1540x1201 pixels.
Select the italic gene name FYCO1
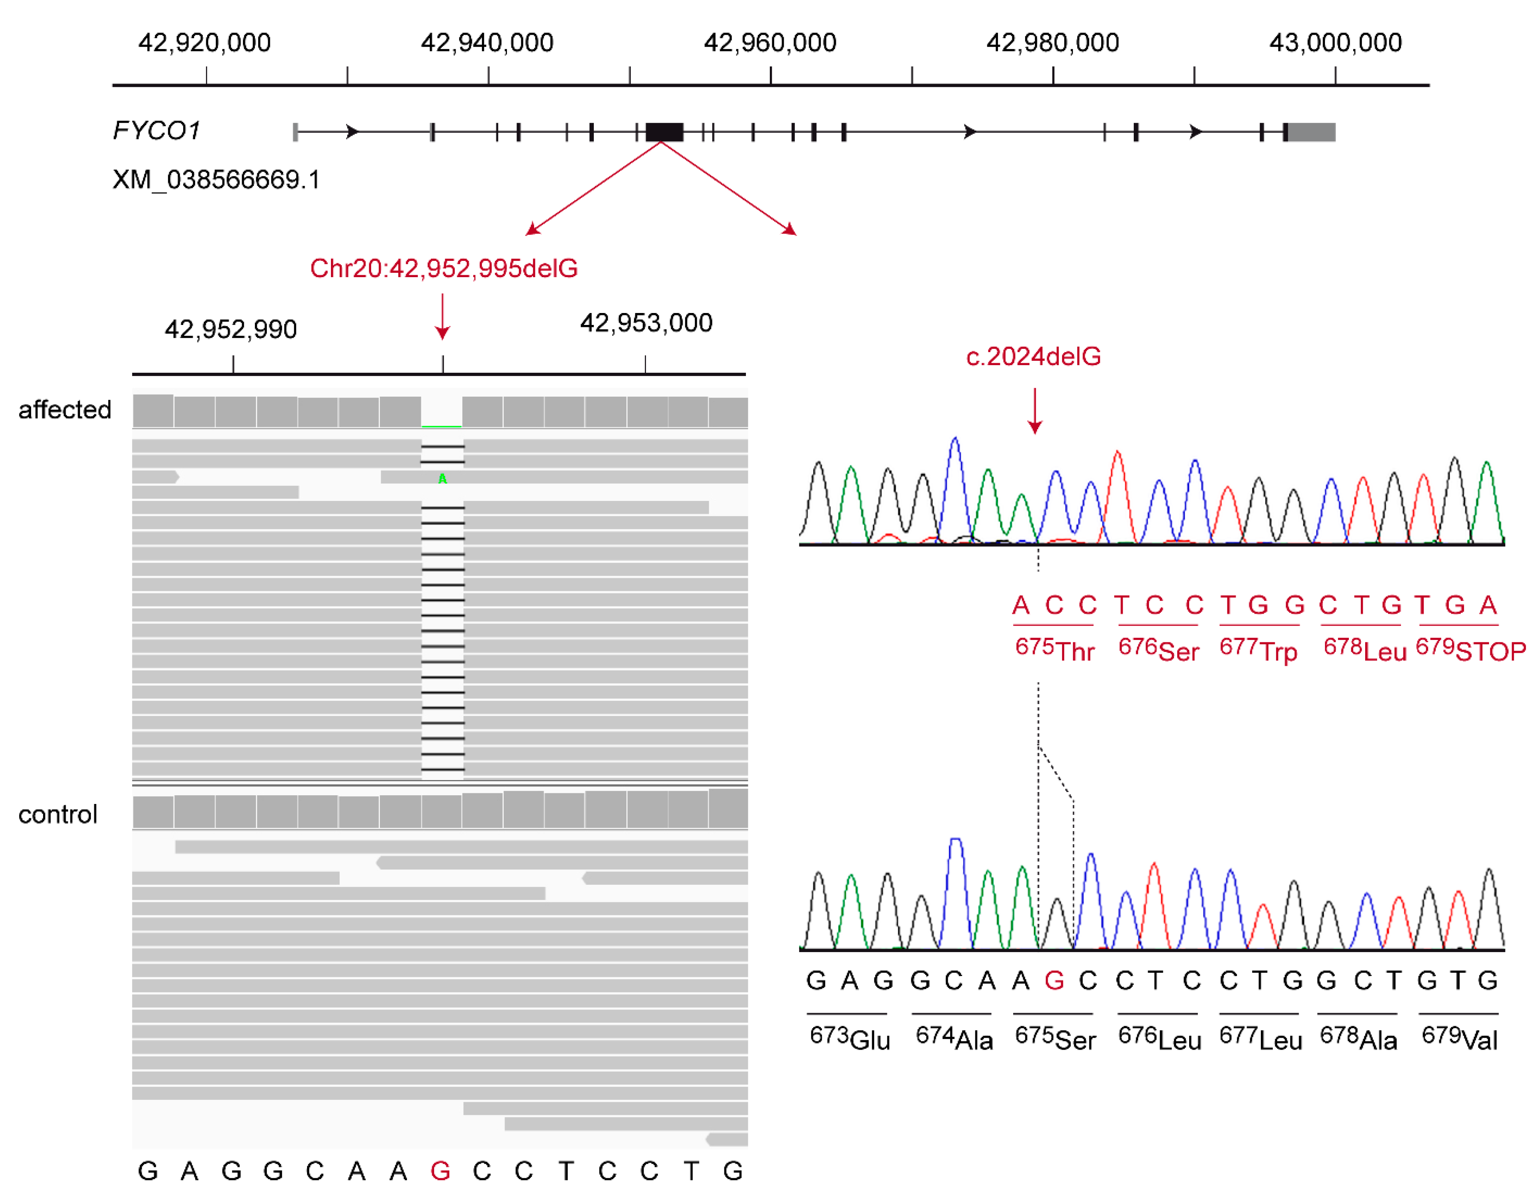pyautogui.click(x=157, y=131)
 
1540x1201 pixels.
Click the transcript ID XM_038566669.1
pyautogui.click(x=216, y=180)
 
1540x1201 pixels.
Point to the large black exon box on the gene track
pyautogui.click(x=664, y=132)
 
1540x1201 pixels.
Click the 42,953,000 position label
pyautogui.click(x=646, y=323)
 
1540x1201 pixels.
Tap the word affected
pyautogui.click(x=65, y=410)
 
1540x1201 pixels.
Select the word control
pyautogui.click(x=58, y=814)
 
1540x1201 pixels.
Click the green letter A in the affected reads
pyautogui.click(x=442, y=479)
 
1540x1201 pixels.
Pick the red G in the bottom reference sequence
pyautogui.click(x=440, y=1172)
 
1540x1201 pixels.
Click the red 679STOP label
pyautogui.click(x=1470, y=649)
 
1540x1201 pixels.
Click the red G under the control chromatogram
pyautogui.click(x=1054, y=981)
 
